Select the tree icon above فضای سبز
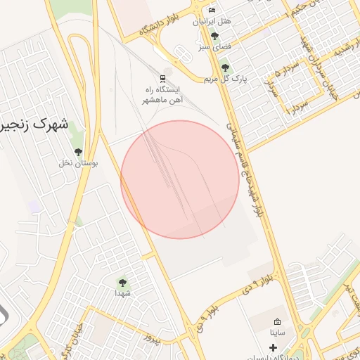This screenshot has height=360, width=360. pos(214,35)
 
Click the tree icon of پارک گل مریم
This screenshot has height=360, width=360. pos(225,68)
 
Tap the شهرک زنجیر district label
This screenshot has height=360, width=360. pos(35,127)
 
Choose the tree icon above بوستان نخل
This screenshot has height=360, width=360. pos(78,151)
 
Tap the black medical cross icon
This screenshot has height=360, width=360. pos(274,347)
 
